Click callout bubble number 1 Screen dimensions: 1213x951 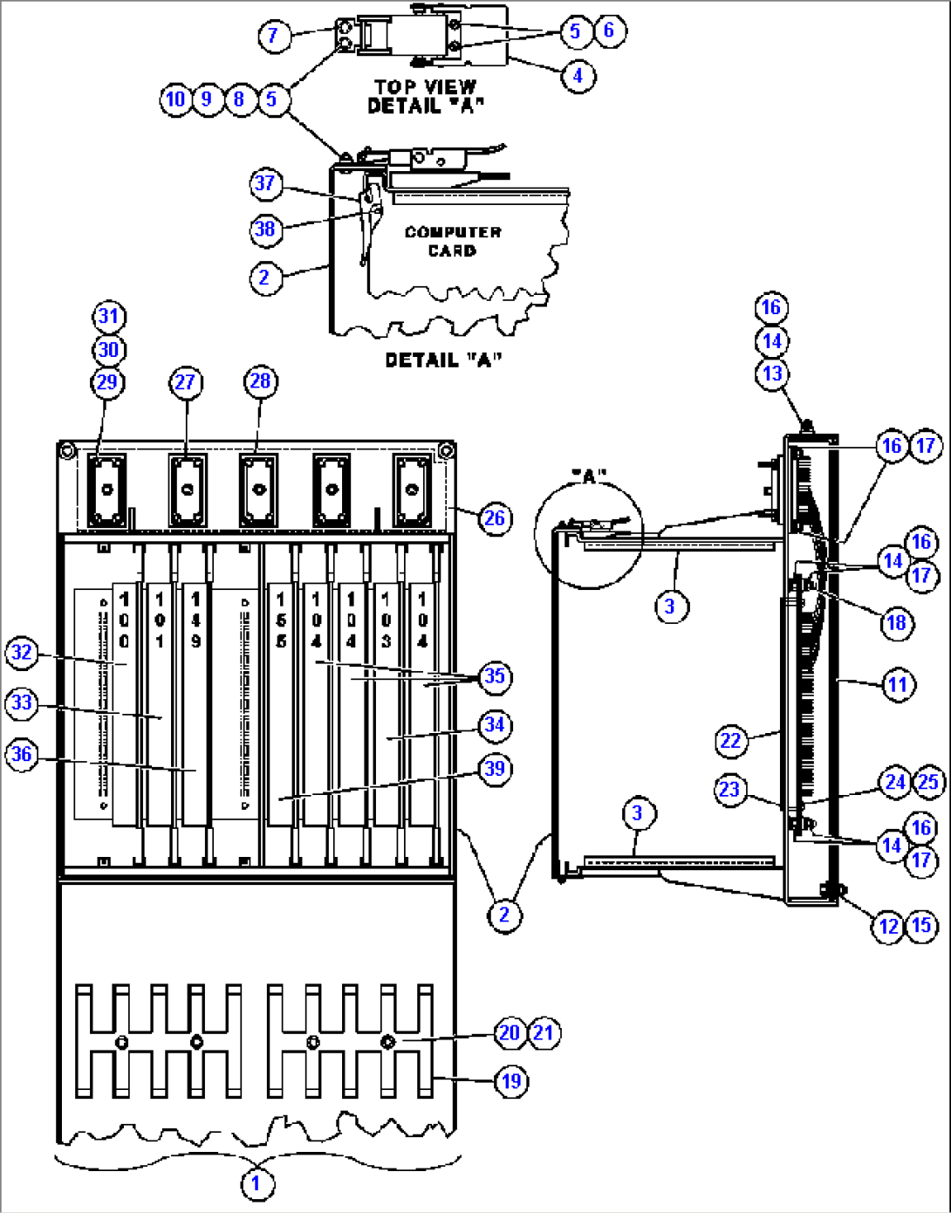(x=256, y=1184)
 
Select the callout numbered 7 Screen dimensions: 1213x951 (x=274, y=36)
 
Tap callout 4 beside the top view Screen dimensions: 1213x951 (x=578, y=76)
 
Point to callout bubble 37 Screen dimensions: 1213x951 (x=265, y=184)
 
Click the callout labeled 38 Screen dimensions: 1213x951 (x=265, y=230)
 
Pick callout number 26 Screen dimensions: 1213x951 (x=495, y=518)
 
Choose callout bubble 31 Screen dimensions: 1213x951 (x=108, y=317)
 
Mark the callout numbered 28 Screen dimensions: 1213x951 (x=261, y=381)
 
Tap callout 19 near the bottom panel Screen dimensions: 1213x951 (x=511, y=1082)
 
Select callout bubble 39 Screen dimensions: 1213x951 (x=495, y=769)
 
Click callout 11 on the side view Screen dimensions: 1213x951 (x=899, y=685)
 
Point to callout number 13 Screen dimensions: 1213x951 (x=772, y=374)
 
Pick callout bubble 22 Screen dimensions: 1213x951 (x=730, y=742)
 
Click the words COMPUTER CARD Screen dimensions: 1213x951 (x=453, y=242)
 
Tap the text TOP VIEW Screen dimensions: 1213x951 (x=426, y=86)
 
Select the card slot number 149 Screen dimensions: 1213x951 (x=195, y=620)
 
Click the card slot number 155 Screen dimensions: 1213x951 (x=281, y=620)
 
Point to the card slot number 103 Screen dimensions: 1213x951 (x=386, y=620)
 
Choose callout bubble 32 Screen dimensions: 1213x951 (x=22, y=653)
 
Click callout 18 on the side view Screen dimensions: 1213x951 (x=897, y=623)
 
